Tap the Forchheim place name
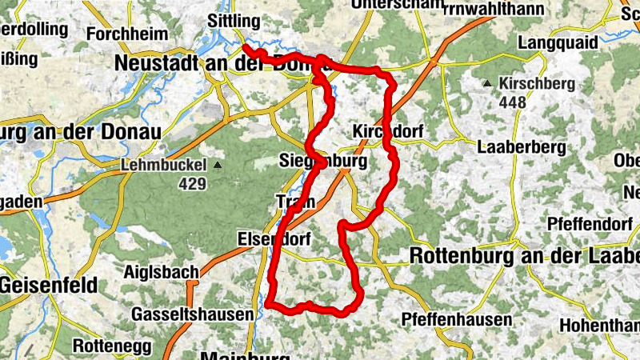point(127,34)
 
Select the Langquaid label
point(557,42)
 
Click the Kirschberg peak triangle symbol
point(486,83)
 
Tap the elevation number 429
point(194,185)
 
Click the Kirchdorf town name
point(387,130)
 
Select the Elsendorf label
point(274,239)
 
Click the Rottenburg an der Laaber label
point(525,256)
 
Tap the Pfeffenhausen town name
point(457,320)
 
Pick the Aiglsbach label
point(161,273)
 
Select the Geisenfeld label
point(49,284)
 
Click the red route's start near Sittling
point(244,47)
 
